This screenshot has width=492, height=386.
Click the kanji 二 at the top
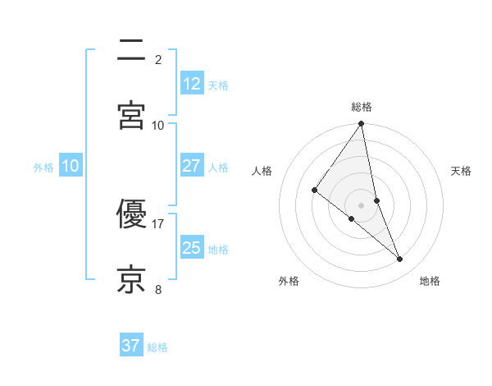131,52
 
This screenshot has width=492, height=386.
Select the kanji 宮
131,114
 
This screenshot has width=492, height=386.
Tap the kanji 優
131,216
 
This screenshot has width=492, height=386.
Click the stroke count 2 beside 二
158,60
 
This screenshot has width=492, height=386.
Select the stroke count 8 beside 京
158,289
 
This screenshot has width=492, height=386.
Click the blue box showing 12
191,83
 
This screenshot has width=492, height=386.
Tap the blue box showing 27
191,166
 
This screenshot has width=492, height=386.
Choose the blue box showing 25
191,247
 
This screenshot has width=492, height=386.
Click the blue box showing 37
130,346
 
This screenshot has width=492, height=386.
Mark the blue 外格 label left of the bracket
43,168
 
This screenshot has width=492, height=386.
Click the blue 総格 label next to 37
157,347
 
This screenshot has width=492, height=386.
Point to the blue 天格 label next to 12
218,85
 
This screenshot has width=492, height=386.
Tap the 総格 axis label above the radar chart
362,107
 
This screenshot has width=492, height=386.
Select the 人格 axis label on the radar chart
262,171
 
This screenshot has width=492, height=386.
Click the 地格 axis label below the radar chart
430,281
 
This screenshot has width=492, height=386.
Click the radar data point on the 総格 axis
362,125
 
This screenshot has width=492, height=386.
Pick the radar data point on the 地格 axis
400,260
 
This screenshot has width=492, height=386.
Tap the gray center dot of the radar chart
362,204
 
